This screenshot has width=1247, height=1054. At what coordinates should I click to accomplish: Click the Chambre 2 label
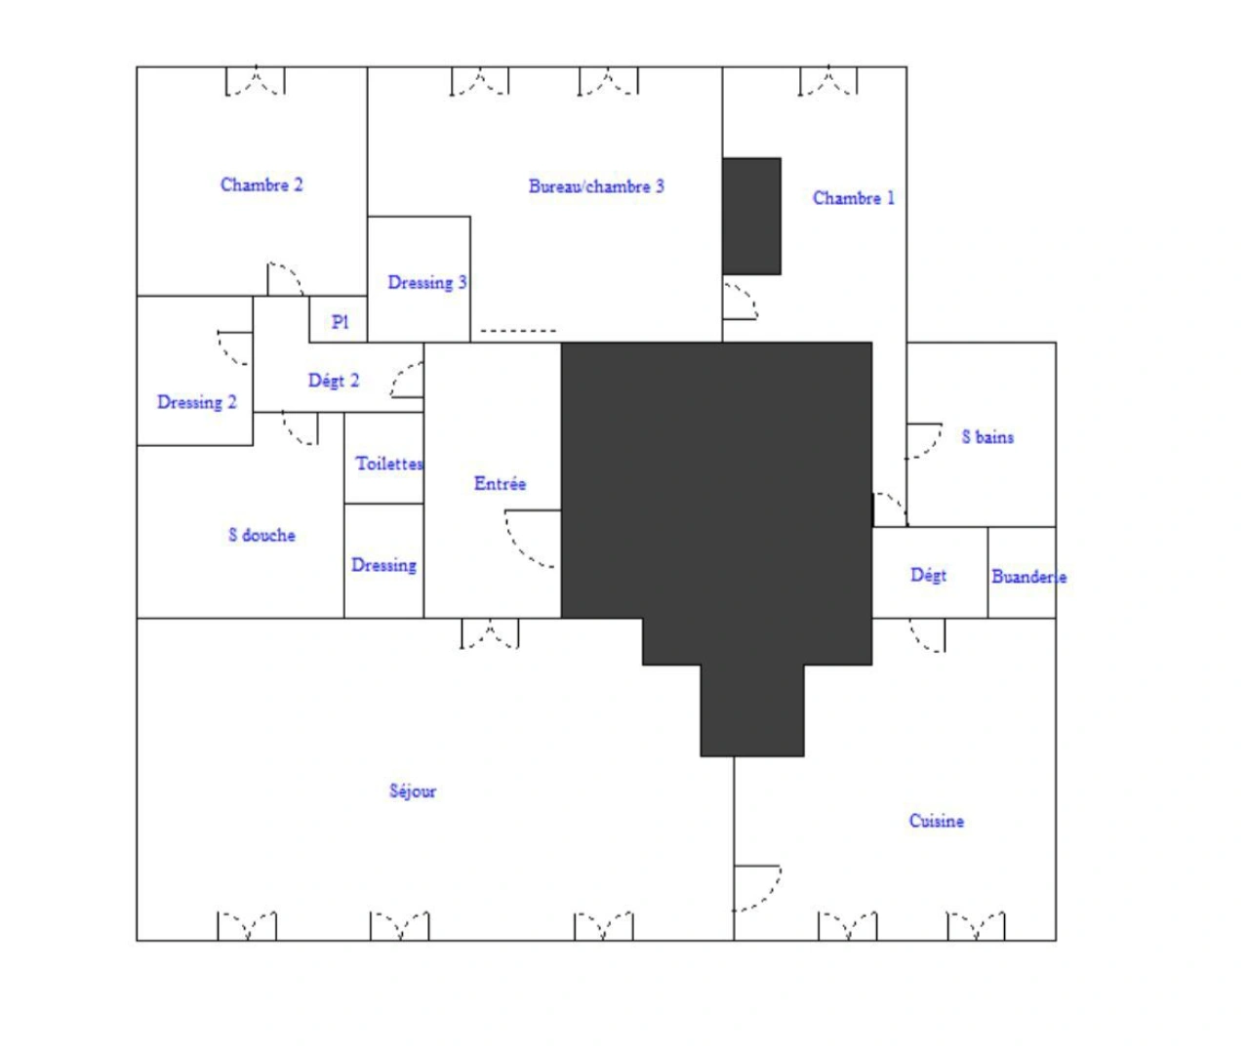pos(261,184)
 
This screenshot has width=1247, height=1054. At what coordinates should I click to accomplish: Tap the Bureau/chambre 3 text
pos(596,186)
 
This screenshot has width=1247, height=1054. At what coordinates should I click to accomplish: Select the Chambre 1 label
pos(854,198)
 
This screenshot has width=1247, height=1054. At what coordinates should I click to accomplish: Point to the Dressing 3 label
pos(427,283)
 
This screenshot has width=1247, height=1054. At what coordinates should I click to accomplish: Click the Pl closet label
pos(340,323)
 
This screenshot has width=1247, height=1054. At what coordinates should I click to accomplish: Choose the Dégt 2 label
pos(334,381)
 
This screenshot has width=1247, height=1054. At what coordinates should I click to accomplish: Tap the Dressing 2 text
pos(197,402)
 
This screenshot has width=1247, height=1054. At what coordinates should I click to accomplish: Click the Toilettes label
pos(389,463)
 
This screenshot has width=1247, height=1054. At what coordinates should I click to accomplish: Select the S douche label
pos(262,535)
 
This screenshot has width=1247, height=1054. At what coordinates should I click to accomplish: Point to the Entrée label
pos(500,483)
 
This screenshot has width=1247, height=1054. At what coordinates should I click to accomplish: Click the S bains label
pos(987,437)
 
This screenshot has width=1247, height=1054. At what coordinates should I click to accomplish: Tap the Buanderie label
pos(1029,577)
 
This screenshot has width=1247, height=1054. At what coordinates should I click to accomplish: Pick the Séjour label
pos(413,791)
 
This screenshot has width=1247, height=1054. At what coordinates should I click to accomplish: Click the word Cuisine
pos(937,821)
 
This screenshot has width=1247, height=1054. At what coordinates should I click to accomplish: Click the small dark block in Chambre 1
pos(752,217)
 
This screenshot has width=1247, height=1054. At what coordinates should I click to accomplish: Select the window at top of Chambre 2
pos(255,80)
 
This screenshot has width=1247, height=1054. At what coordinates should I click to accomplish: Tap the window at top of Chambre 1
pos(828,80)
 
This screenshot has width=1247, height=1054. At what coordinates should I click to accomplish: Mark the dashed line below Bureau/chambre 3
pos(518,331)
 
